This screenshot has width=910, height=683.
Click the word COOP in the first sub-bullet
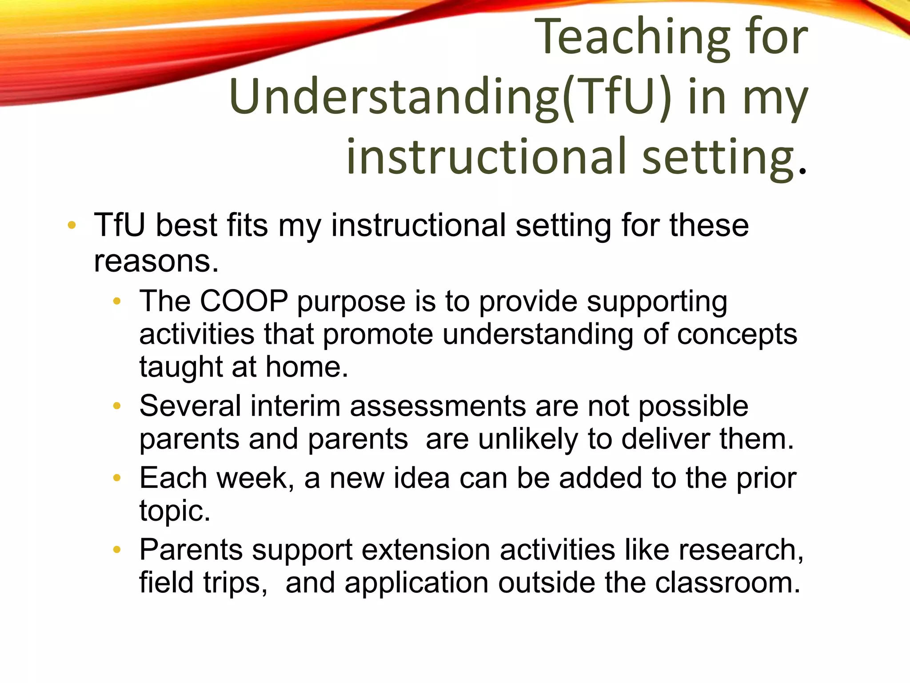(244, 301)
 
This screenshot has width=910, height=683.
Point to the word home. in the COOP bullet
(307, 367)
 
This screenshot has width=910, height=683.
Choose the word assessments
(438, 406)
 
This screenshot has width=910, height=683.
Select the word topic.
(175, 510)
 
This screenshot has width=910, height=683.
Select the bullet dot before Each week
(117, 478)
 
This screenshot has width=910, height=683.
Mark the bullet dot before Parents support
(117, 550)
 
